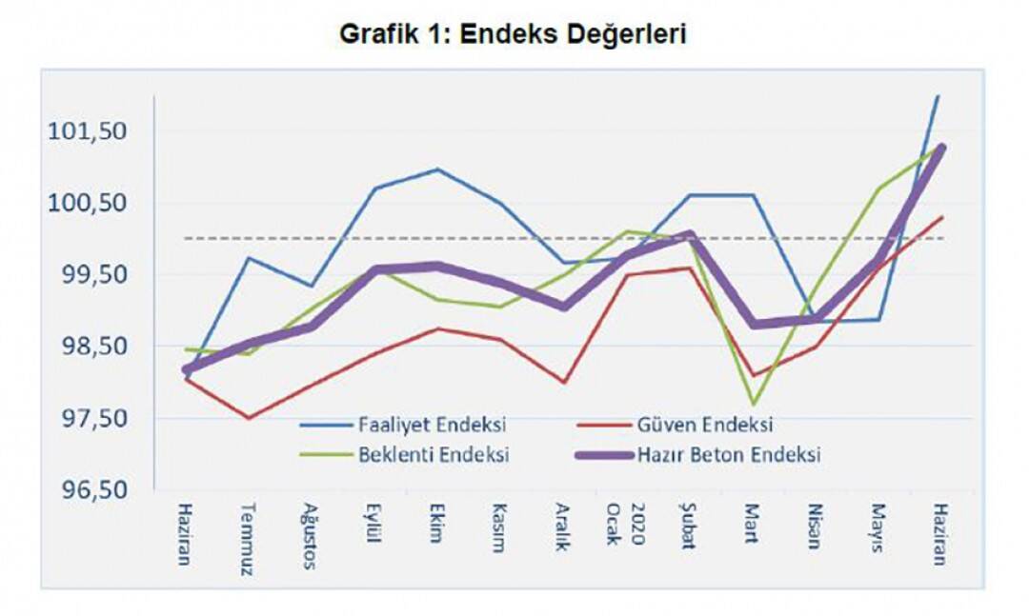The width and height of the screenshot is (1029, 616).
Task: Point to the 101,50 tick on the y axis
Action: coord(87,130)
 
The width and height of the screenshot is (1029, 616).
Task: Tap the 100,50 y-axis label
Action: coord(87,203)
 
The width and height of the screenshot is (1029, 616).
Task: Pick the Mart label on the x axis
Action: coord(752,523)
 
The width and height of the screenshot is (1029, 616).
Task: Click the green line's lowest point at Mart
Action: coord(754,404)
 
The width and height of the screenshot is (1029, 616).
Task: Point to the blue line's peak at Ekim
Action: coord(437,169)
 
